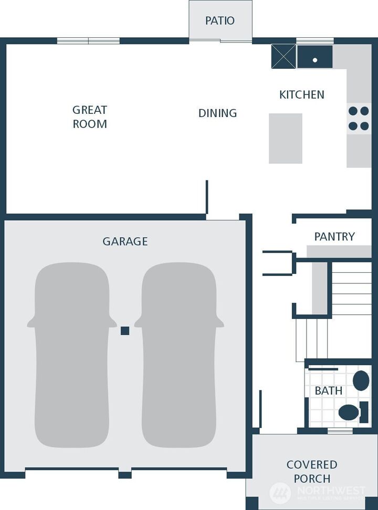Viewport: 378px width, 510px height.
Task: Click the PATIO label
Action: tap(220, 21)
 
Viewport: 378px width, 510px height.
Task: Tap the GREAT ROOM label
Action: tap(90, 117)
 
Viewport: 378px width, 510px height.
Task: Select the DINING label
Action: tap(217, 113)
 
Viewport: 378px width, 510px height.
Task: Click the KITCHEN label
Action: tap(301, 95)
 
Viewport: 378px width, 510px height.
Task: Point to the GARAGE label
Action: tap(125, 241)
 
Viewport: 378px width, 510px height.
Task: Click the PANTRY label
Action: tap(334, 237)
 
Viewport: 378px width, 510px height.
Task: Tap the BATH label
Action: tap(329, 391)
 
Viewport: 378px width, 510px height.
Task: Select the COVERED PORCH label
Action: tap(312, 472)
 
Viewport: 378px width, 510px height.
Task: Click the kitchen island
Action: tap(286, 139)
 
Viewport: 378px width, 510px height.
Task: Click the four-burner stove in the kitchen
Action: tap(359, 119)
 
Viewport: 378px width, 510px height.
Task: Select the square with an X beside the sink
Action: tap(283, 57)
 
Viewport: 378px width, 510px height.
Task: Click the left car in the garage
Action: tap(72, 355)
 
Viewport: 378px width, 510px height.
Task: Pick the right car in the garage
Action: tap(179, 355)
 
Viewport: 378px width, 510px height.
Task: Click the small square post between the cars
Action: tap(125, 331)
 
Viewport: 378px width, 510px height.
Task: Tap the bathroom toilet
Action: tap(352, 412)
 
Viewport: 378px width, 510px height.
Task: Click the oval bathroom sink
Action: tap(361, 380)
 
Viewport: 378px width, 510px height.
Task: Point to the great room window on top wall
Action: tap(88, 41)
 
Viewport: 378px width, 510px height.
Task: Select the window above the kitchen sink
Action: tap(315, 41)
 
